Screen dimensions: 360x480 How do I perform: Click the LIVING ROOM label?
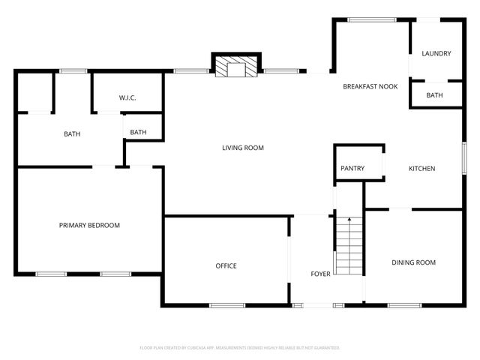(243, 148)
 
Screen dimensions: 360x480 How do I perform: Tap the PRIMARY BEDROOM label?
(89, 225)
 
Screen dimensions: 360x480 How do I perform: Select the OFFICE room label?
(226, 265)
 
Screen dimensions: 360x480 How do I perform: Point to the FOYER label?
(320, 274)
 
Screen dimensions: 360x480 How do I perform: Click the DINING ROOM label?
(413, 262)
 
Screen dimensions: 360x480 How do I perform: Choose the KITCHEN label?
(421, 169)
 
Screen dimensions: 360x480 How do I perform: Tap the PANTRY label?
(352, 169)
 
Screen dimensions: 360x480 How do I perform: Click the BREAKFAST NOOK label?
(370, 87)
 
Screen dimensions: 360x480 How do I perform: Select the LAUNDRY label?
(436, 53)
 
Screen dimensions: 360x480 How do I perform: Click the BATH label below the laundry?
(435, 95)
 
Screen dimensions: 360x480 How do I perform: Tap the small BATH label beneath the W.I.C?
(138, 133)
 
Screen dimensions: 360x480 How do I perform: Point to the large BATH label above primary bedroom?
(72, 134)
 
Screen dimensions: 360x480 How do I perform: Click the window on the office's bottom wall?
(226, 305)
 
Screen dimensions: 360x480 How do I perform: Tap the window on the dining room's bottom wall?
(404, 305)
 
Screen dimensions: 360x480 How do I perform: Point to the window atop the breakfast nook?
(372, 19)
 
